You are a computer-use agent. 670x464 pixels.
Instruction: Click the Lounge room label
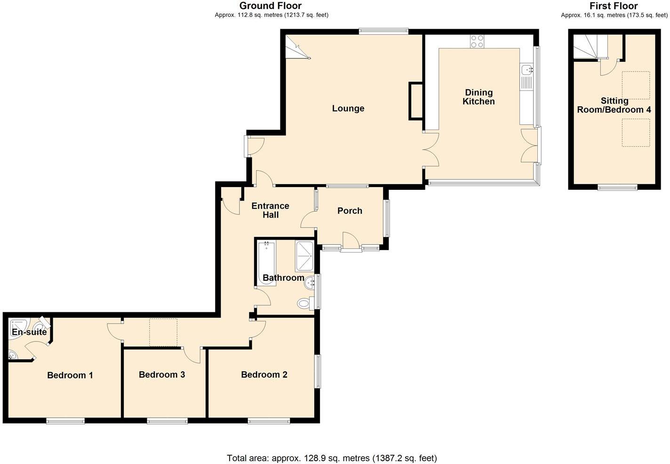pyautogui.click(x=348, y=108)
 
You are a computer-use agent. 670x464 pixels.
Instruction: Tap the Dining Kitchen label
pyautogui.click(x=479, y=97)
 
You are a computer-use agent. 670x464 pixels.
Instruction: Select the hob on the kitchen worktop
pyautogui.click(x=477, y=41)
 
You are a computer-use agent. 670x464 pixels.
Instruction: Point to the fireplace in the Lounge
pyautogui.click(x=415, y=100)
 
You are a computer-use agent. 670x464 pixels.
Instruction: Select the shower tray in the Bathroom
pyautogui.click(x=305, y=256)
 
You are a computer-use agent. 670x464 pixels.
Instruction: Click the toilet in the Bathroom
pyautogui.click(x=305, y=303)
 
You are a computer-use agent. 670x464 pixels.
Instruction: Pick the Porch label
pyautogui.click(x=350, y=211)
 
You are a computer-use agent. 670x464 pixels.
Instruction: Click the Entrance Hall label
pyautogui.click(x=270, y=210)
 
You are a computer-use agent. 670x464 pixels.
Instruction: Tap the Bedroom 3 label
pyautogui.click(x=162, y=374)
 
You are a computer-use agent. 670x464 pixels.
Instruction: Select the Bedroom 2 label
pyautogui.click(x=264, y=374)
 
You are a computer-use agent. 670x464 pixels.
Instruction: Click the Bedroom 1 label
pyautogui.click(x=70, y=375)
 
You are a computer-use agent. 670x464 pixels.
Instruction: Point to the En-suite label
pyautogui.click(x=29, y=332)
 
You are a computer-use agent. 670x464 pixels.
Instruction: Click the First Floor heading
pyautogui.click(x=613, y=6)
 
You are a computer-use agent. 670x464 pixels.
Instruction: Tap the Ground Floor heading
pyautogui.click(x=271, y=6)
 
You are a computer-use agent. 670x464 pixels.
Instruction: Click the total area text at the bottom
pyautogui.click(x=332, y=458)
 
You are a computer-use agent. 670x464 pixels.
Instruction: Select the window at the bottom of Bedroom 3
pyautogui.click(x=167, y=421)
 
